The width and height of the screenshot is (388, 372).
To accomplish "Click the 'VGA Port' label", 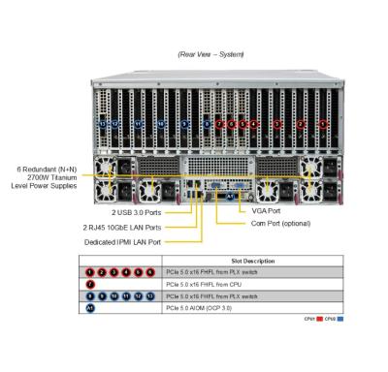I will tap(265, 210).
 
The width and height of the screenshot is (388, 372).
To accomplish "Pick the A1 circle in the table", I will tap(89, 309).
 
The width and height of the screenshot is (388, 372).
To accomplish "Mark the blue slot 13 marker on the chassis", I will tap(103, 124).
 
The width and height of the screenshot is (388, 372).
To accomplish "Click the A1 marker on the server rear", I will tap(230, 196).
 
